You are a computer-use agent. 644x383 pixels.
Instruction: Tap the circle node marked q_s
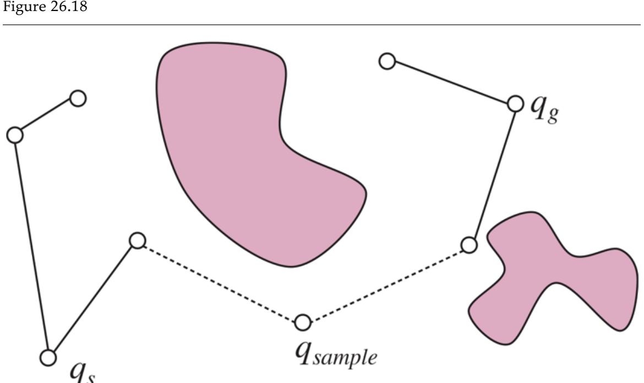[49, 357]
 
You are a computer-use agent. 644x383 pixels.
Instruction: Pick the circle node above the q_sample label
[302, 322]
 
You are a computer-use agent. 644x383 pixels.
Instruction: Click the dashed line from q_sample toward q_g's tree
[385, 283]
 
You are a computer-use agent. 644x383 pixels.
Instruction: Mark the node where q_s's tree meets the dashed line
[137, 241]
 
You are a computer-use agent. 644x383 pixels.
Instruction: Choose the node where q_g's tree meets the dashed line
[468, 244]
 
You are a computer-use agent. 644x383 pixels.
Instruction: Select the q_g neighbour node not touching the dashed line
[388, 61]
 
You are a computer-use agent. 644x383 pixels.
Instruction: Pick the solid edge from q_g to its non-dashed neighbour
[451, 82]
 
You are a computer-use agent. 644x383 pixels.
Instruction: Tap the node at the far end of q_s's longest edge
[15, 135]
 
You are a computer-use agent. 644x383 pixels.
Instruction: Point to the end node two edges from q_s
[78, 99]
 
